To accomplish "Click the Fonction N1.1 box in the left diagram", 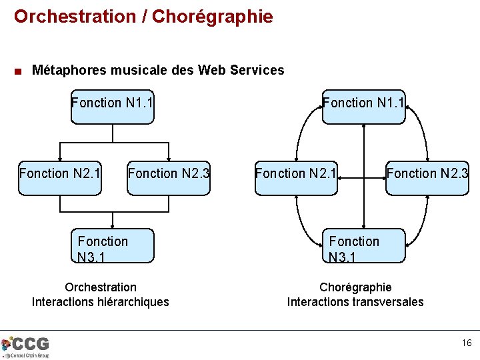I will (112, 107).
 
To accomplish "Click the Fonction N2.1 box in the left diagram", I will (60, 177).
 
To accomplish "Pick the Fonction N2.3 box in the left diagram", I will (169, 177).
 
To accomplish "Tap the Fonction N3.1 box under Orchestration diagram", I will (112, 246).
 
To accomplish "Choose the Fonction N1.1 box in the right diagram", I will (363, 107).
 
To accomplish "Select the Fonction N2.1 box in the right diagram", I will (296, 177).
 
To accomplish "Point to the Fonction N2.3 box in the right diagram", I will (427, 177).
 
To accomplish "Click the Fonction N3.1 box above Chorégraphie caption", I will (363, 246).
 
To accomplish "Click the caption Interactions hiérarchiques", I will (101, 302).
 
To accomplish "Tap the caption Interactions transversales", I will (355, 302).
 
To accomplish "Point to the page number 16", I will (466, 343).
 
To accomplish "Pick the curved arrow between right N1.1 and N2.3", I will (424, 133).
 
